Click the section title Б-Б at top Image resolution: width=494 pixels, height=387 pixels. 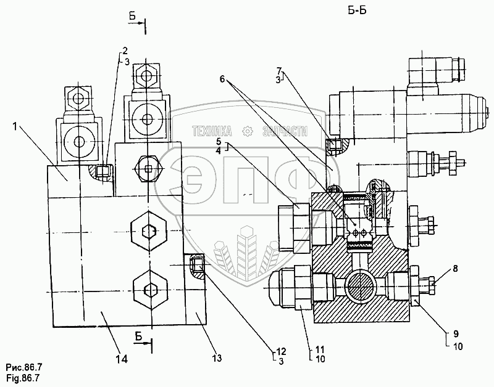pos(357,11)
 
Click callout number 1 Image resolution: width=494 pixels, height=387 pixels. pos(14,126)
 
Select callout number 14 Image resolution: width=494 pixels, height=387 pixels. pos(121,359)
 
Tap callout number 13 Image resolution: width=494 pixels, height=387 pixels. pos(217,358)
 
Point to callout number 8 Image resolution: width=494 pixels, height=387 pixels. pos(455,269)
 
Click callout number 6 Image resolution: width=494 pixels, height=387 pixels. pos(222,79)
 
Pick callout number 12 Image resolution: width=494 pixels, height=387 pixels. pos(281,351)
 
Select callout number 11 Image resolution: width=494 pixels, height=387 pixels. pos(320,349)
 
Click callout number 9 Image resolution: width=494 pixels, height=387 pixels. pos(456,334)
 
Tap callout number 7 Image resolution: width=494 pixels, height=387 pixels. pos(279,70)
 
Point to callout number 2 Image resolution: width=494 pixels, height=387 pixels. pos(125,51)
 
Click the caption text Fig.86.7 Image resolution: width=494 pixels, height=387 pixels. pos(23,378)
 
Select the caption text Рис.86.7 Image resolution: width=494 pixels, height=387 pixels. pos(24,367)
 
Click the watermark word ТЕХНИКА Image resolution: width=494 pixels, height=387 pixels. pos(212,131)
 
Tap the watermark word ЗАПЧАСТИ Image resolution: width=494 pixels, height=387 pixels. pos(285,131)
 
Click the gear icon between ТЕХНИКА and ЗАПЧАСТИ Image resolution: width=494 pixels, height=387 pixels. pos(248,131)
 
